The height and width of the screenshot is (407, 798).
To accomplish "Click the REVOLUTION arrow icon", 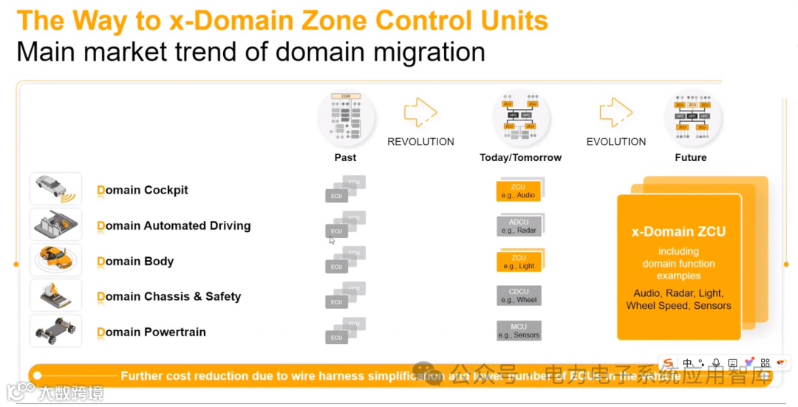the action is [420, 113].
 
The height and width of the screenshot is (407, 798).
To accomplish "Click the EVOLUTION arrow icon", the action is [615, 113].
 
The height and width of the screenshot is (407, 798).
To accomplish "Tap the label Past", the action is [345, 157].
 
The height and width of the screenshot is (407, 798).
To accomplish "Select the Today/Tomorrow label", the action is [520, 157].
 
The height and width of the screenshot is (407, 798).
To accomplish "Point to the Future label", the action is [691, 157].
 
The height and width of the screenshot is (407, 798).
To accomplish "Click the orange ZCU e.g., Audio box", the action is [518, 191].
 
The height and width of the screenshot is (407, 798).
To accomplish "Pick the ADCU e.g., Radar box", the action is [518, 226].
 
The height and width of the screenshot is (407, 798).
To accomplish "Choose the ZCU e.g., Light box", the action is [518, 261].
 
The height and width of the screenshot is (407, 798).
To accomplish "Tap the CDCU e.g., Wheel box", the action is [518, 296].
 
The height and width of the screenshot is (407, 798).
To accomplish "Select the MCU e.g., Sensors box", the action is [518, 331].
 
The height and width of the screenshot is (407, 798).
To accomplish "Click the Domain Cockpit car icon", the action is [55, 189].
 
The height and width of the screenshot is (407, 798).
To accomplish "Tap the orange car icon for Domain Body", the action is [55, 259].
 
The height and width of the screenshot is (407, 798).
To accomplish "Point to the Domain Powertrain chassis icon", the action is [55, 330].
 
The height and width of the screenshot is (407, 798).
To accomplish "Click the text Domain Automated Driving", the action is [174, 226].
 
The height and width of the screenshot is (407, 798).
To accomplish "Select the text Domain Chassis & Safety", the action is [169, 297].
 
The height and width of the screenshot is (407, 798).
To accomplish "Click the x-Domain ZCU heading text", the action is [678, 232].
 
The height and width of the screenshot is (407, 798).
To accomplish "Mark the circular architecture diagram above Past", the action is [346, 118].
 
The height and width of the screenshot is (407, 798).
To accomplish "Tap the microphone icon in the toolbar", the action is [715, 363].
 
